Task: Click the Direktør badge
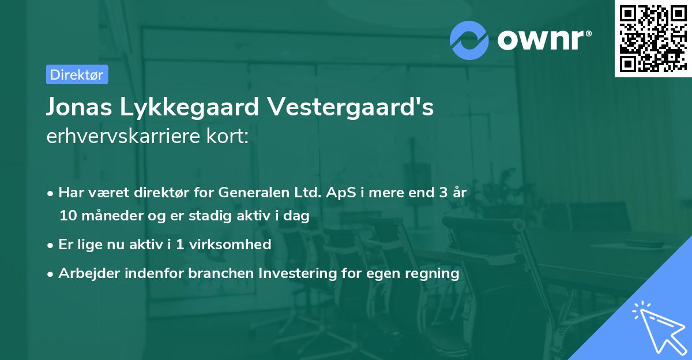[77, 74]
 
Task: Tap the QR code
[652, 38]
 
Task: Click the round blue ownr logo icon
[469, 40]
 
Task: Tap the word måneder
[108, 216]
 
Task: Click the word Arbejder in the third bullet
[86, 273]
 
